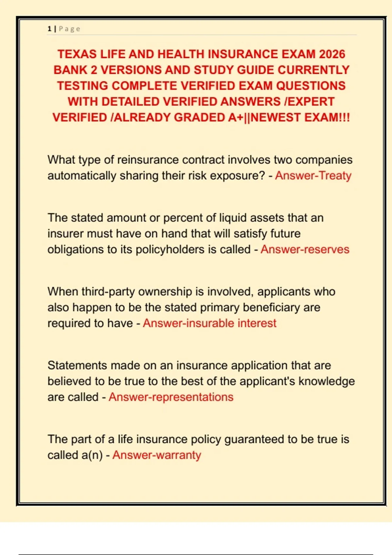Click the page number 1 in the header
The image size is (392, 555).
tap(49, 29)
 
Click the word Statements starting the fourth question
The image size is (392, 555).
tap(77, 365)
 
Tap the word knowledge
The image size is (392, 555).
tap(327, 381)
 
